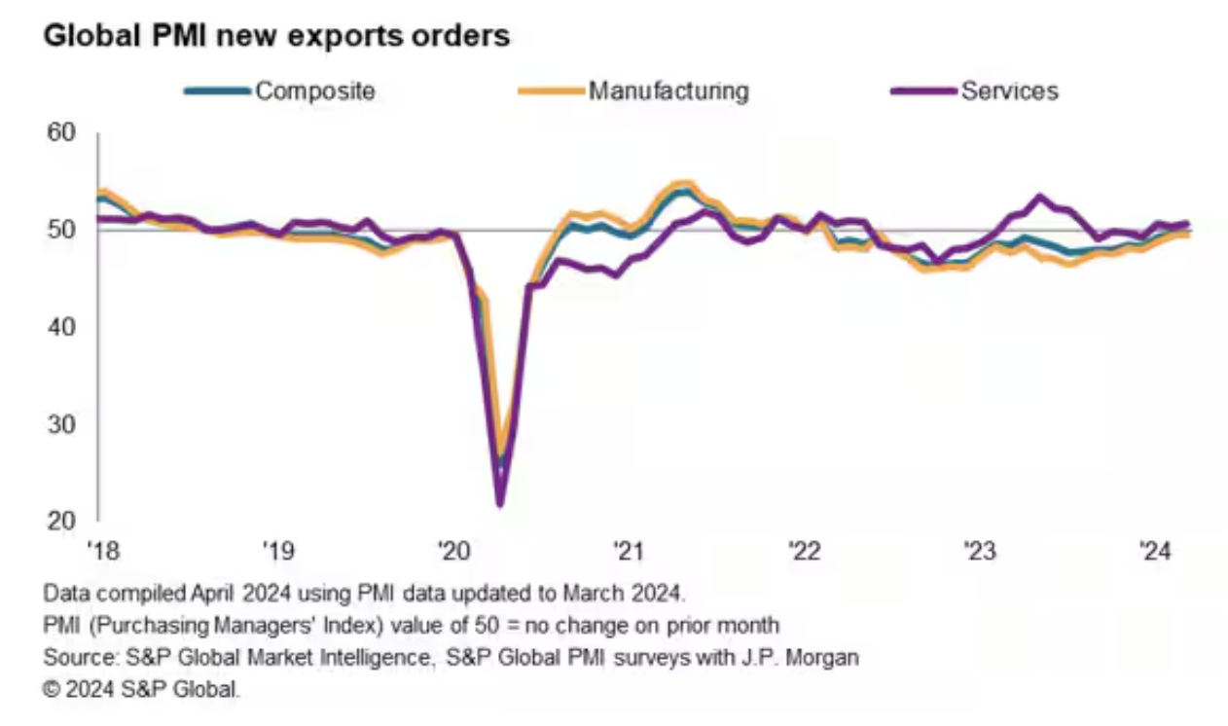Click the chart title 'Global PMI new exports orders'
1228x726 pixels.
click(x=276, y=37)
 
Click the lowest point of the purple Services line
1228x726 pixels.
click(x=500, y=504)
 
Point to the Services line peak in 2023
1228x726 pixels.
click(x=1039, y=197)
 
